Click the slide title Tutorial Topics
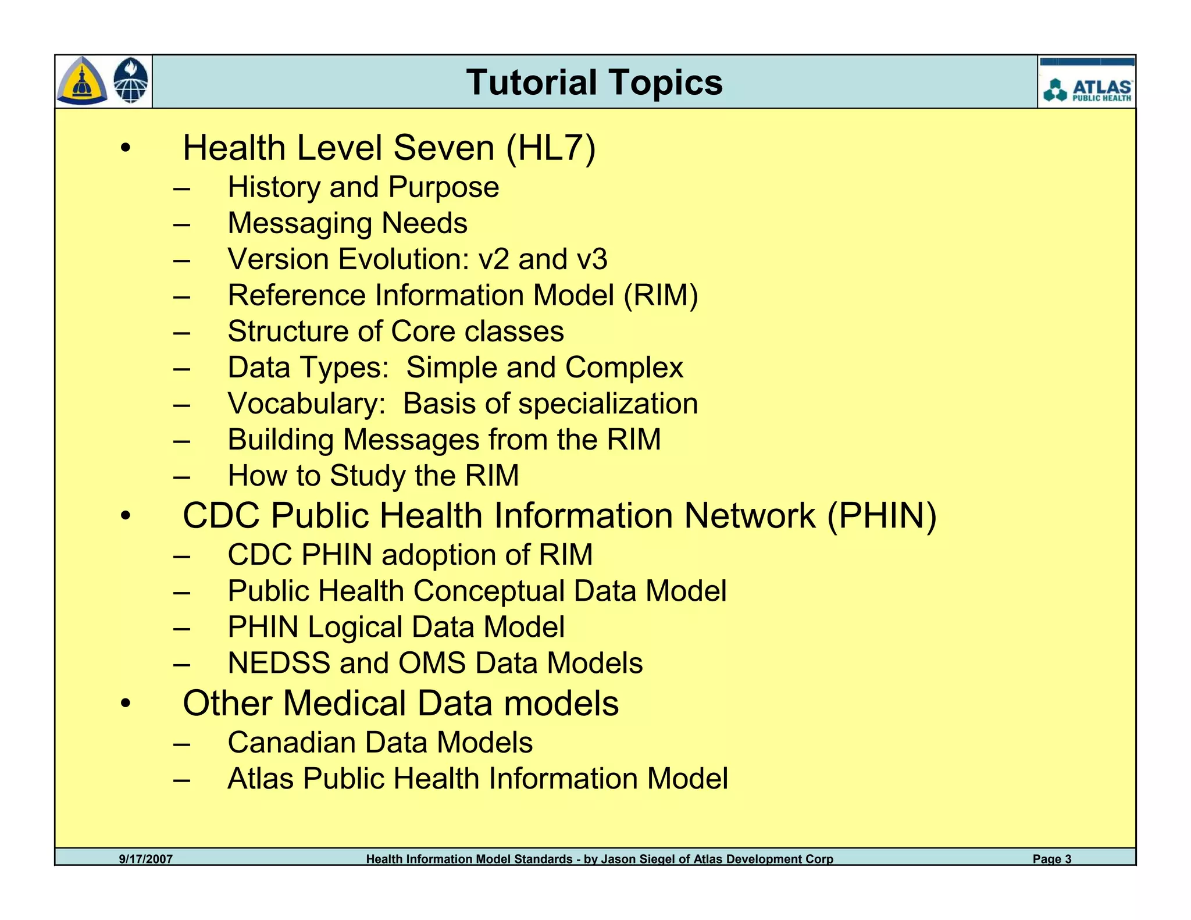594,82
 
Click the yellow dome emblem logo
82,81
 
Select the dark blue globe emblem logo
131,81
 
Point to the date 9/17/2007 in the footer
146,858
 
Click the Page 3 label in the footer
1051,858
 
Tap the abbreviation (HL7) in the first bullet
551,148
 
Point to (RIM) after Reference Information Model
661,295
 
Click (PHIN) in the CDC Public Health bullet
882,516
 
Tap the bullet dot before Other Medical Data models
126,703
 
